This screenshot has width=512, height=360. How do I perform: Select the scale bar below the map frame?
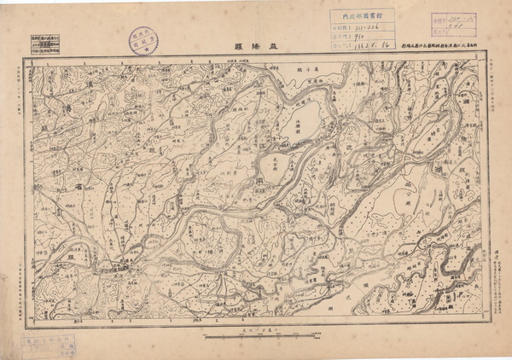point(256,337)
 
